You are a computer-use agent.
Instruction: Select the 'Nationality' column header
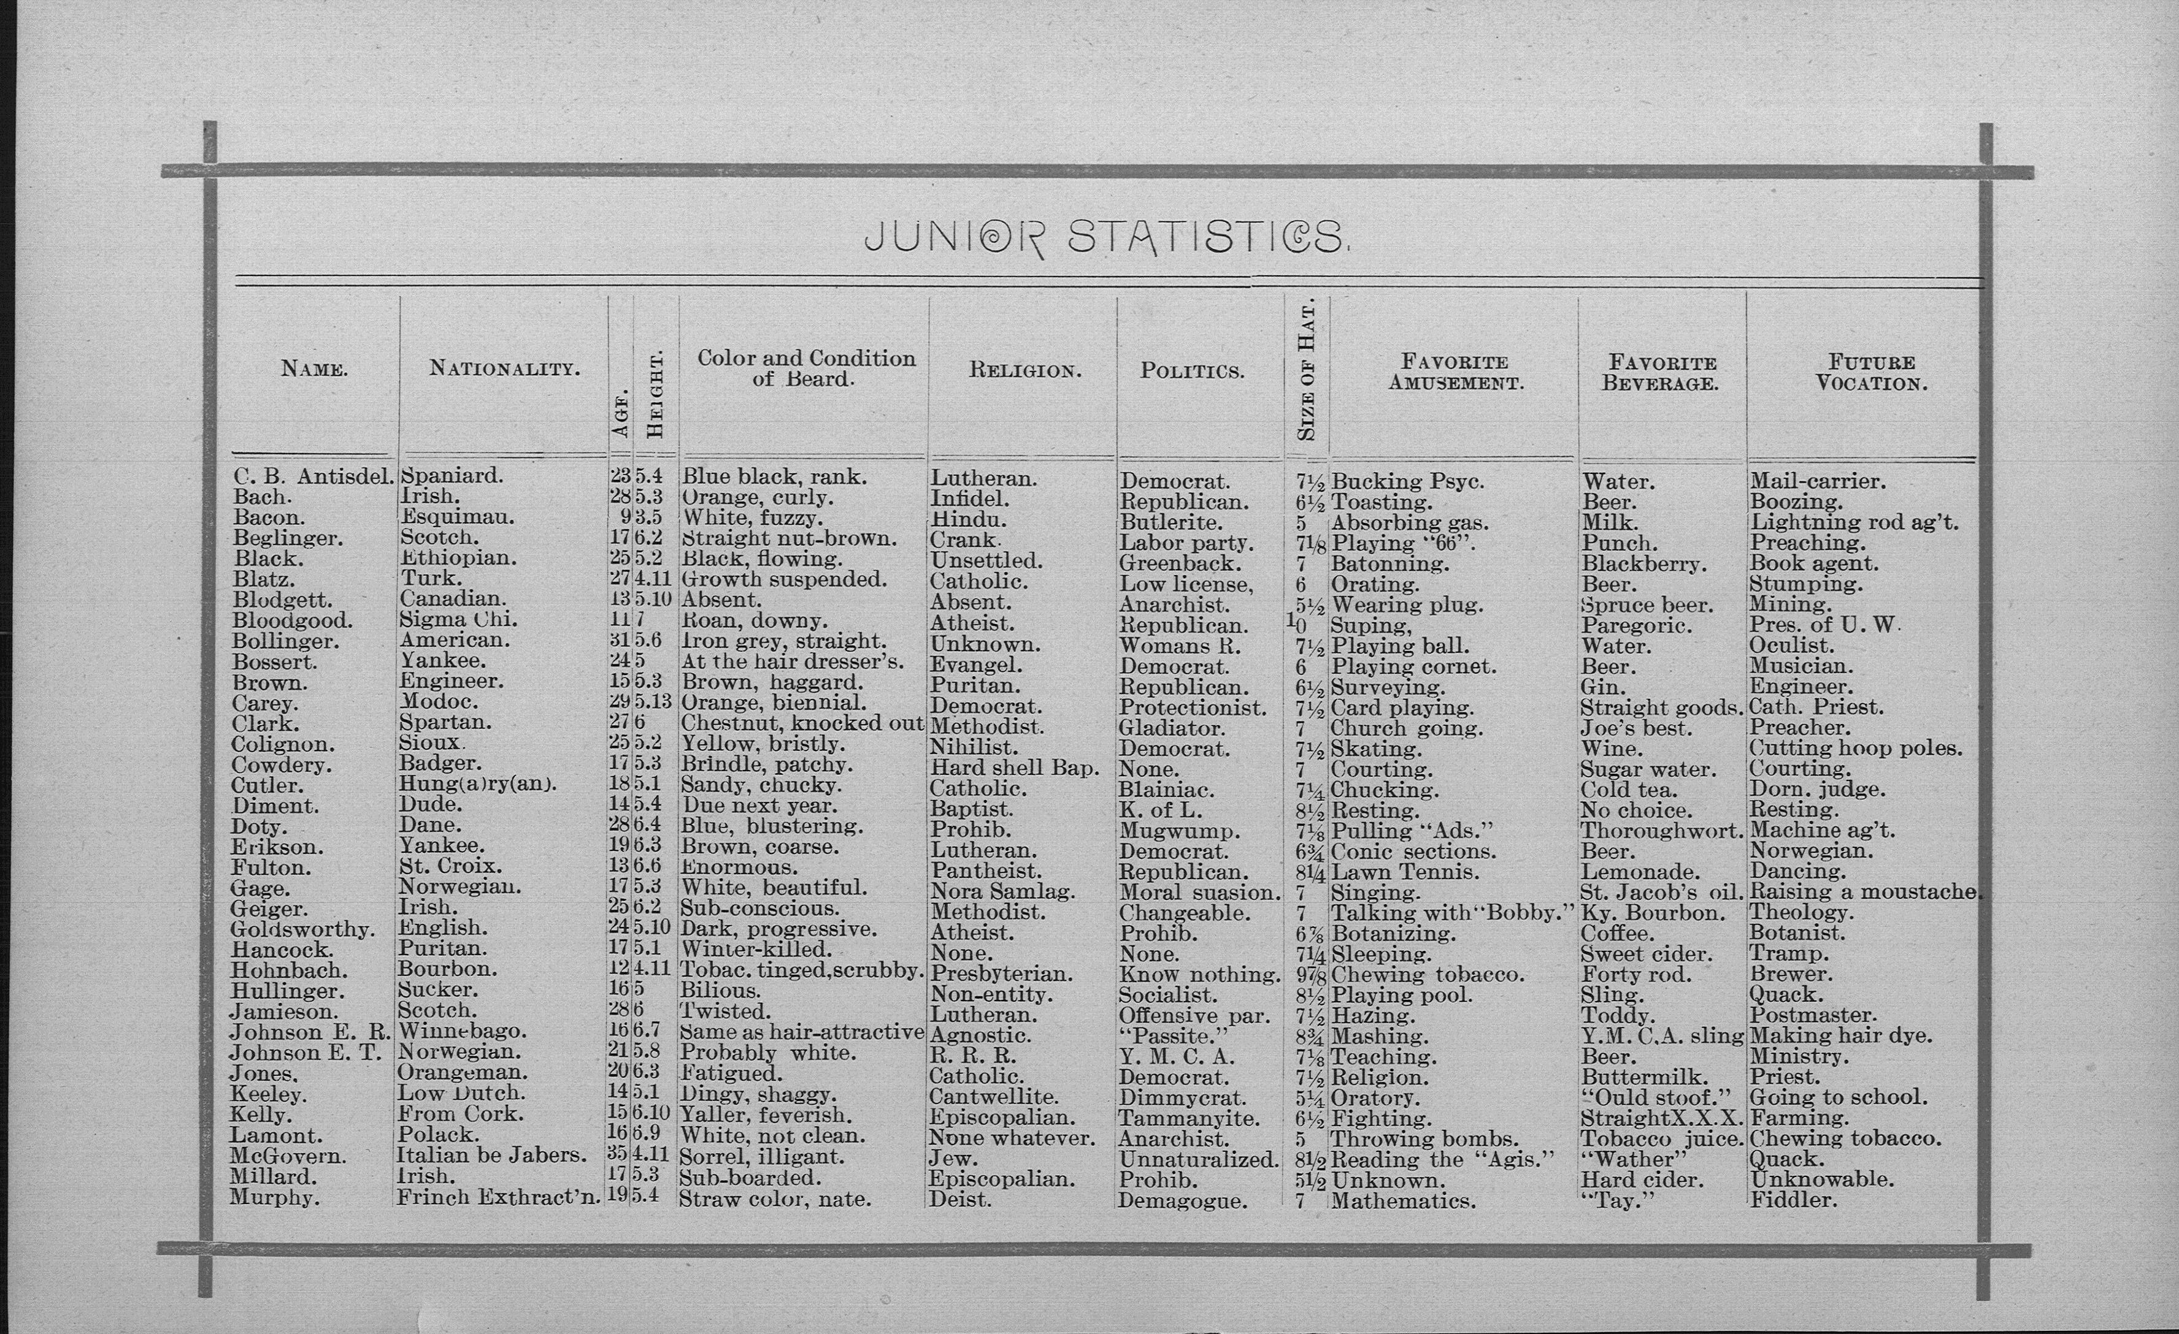click(x=505, y=368)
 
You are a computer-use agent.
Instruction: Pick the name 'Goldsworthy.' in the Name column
click(x=302, y=929)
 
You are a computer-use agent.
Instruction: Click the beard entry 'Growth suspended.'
click(x=783, y=580)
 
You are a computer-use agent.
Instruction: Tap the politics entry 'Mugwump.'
click(x=1180, y=831)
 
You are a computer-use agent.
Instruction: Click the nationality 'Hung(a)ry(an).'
click(x=477, y=784)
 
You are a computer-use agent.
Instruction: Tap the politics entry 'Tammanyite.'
click(x=1188, y=1118)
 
